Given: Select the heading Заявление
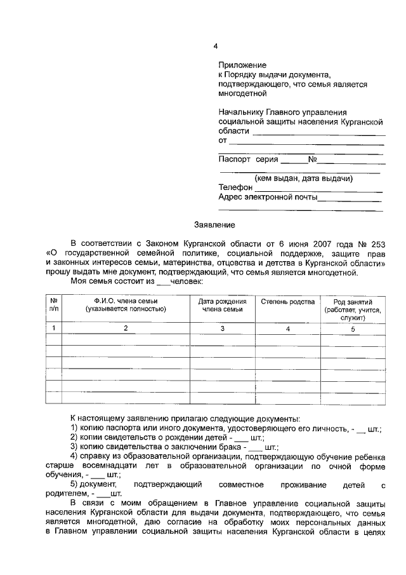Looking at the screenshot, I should [214, 224].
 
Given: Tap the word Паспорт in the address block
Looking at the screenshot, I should [234, 159].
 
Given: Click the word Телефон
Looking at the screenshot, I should [235, 187].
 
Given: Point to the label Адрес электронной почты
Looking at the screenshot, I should [268, 197].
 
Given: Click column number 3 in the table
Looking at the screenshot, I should [223, 328].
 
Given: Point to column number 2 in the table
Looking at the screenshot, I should [126, 328].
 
